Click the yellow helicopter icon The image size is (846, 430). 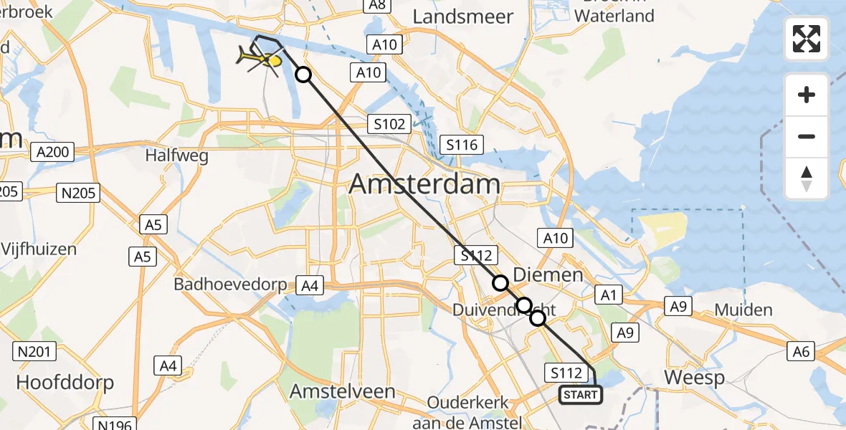coord(262,61)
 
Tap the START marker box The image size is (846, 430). coord(580,395)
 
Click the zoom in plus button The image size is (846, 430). coord(807,95)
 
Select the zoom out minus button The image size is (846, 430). coord(807,136)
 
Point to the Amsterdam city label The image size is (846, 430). coord(424,184)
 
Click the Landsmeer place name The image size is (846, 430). coord(464,16)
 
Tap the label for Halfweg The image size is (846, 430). coord(176,155)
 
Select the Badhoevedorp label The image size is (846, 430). coord(229,285)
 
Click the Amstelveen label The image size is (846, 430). coord(343,391)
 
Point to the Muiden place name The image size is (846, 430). coord(743,310)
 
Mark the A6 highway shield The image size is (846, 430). coord(801,351)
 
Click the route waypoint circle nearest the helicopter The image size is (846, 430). coord(303,75)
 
